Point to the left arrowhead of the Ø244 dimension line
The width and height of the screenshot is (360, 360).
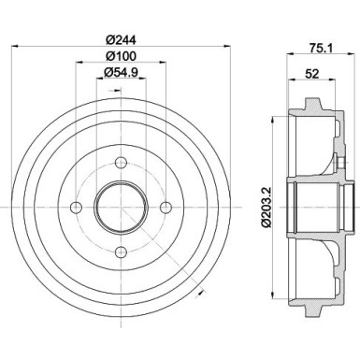click(x=11, y=49)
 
